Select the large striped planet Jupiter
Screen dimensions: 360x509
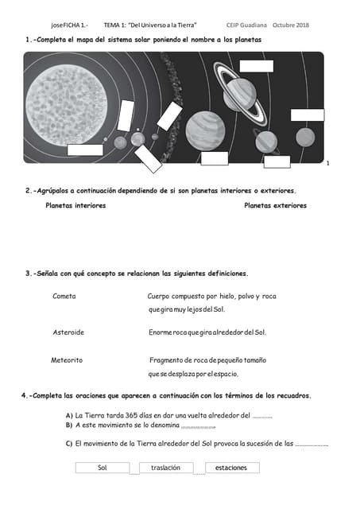click(x=205, y=129)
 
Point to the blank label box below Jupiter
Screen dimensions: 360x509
click(x=215, y=158)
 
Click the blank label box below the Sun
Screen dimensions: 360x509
click(x=85, y=150)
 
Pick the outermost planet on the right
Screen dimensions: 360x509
click(x=306, y=137)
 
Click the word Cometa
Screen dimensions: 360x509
click(x=64, y=296)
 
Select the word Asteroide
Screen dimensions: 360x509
click(x=68, y=331)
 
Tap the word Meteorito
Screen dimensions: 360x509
click(x=67, y=360)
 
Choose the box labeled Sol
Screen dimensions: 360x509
click(x=102, y=468)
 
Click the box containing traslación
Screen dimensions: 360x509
click(x=166, y=468)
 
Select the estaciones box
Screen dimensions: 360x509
click(x=231, y=468)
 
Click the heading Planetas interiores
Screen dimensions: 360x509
click(x=75, y=205)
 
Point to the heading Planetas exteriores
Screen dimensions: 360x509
click(x=275, y=205)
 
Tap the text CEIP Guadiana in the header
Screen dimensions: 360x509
click(x=246, y=25)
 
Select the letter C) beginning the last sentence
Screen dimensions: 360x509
click(x=69, y=443)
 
